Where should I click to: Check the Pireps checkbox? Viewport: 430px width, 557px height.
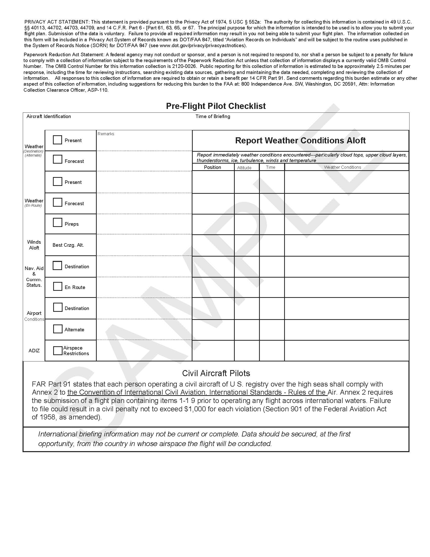[x=57, y=222]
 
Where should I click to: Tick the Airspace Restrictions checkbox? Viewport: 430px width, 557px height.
[x=58, y=350]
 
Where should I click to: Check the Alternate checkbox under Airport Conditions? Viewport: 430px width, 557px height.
[x=58, y=329]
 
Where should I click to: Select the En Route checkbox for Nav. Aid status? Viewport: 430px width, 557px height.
[x=58, y=286]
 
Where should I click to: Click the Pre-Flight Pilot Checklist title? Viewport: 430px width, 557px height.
[x=216, y=106]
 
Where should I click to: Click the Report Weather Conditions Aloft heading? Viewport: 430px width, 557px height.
[x=300, y=141]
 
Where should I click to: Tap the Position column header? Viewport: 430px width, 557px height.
[x=212, y=167]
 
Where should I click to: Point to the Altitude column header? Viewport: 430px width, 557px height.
[x=244, y=168]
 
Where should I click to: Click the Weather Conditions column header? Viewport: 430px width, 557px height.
[x=342, y=167]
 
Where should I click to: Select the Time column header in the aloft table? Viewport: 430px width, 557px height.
[x=270, y=167]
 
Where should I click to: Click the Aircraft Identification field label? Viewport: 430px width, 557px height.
[x=49, y=117]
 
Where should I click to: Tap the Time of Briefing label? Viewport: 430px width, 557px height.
[x=213, y=117]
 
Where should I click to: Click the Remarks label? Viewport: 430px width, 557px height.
[x=106, y=134]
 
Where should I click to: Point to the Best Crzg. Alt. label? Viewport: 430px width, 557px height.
[x=68, y=245]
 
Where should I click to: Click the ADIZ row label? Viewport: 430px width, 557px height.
[x=34, y=351]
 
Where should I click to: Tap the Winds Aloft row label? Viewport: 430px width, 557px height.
[x=34, y=245]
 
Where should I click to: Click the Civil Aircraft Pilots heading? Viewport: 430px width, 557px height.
[x=216, y=373]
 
